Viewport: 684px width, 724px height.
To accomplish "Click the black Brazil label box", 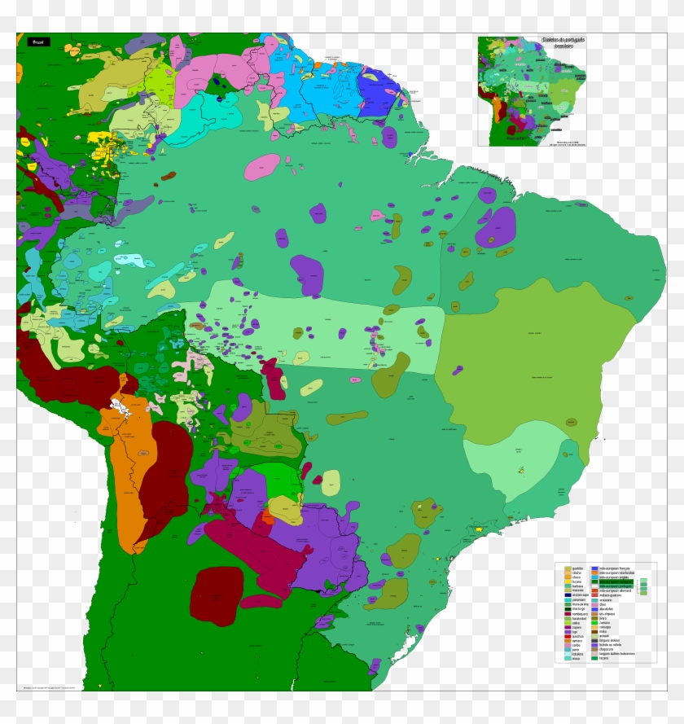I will (x=37, y=41).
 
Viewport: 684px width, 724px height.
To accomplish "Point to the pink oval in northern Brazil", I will (x=261, y=168).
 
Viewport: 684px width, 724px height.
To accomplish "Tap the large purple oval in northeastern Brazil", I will (x=496, y=226).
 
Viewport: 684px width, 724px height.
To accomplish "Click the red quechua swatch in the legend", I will (x=568, y=636).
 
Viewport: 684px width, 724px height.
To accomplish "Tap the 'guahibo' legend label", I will (x=577, y=568).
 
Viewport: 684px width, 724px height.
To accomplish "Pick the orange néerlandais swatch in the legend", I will (x=595, y=573).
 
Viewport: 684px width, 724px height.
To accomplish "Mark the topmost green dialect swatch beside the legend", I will (x=643, y=580).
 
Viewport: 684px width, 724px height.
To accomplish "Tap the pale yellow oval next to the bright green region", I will (x=330, y=482).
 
